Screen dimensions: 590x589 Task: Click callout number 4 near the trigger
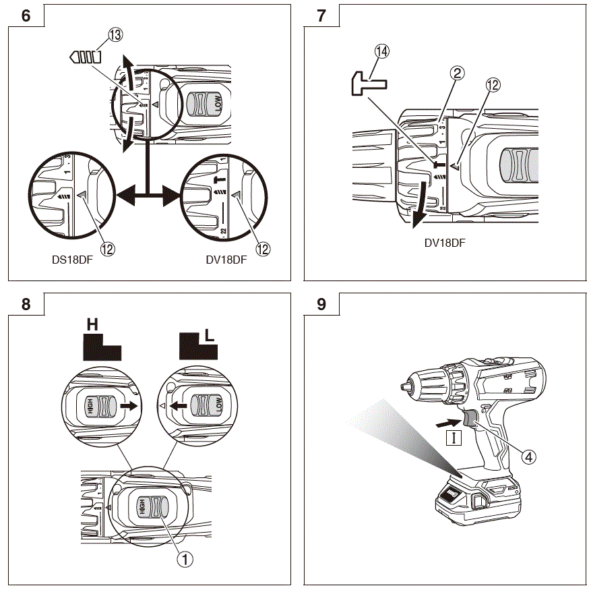point(529,456)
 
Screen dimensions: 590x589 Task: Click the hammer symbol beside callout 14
point(368,84)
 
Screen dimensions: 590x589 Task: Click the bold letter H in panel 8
point(92,325)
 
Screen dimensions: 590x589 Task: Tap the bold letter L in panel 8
point(210,331)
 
